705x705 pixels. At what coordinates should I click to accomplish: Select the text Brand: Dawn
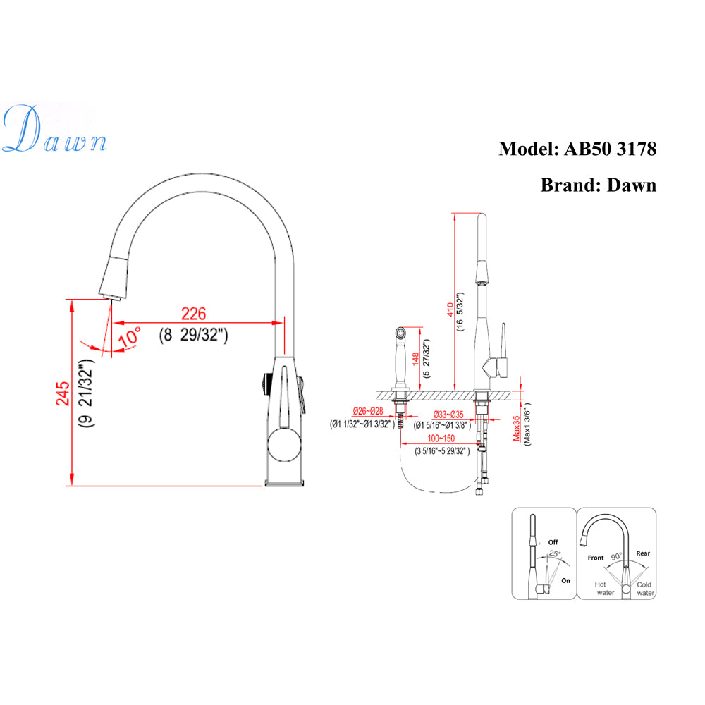(598, 185)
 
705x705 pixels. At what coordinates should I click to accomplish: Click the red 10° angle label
(130, 336)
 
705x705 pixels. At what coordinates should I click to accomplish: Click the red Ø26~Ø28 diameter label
(367, 411)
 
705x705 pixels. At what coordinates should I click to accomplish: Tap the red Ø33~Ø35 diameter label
(448, 414)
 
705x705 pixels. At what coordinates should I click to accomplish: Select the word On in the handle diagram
(565, 581)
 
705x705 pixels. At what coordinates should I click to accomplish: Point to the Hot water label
(604, 589)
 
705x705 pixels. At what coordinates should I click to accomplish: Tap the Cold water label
(645, 589)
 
